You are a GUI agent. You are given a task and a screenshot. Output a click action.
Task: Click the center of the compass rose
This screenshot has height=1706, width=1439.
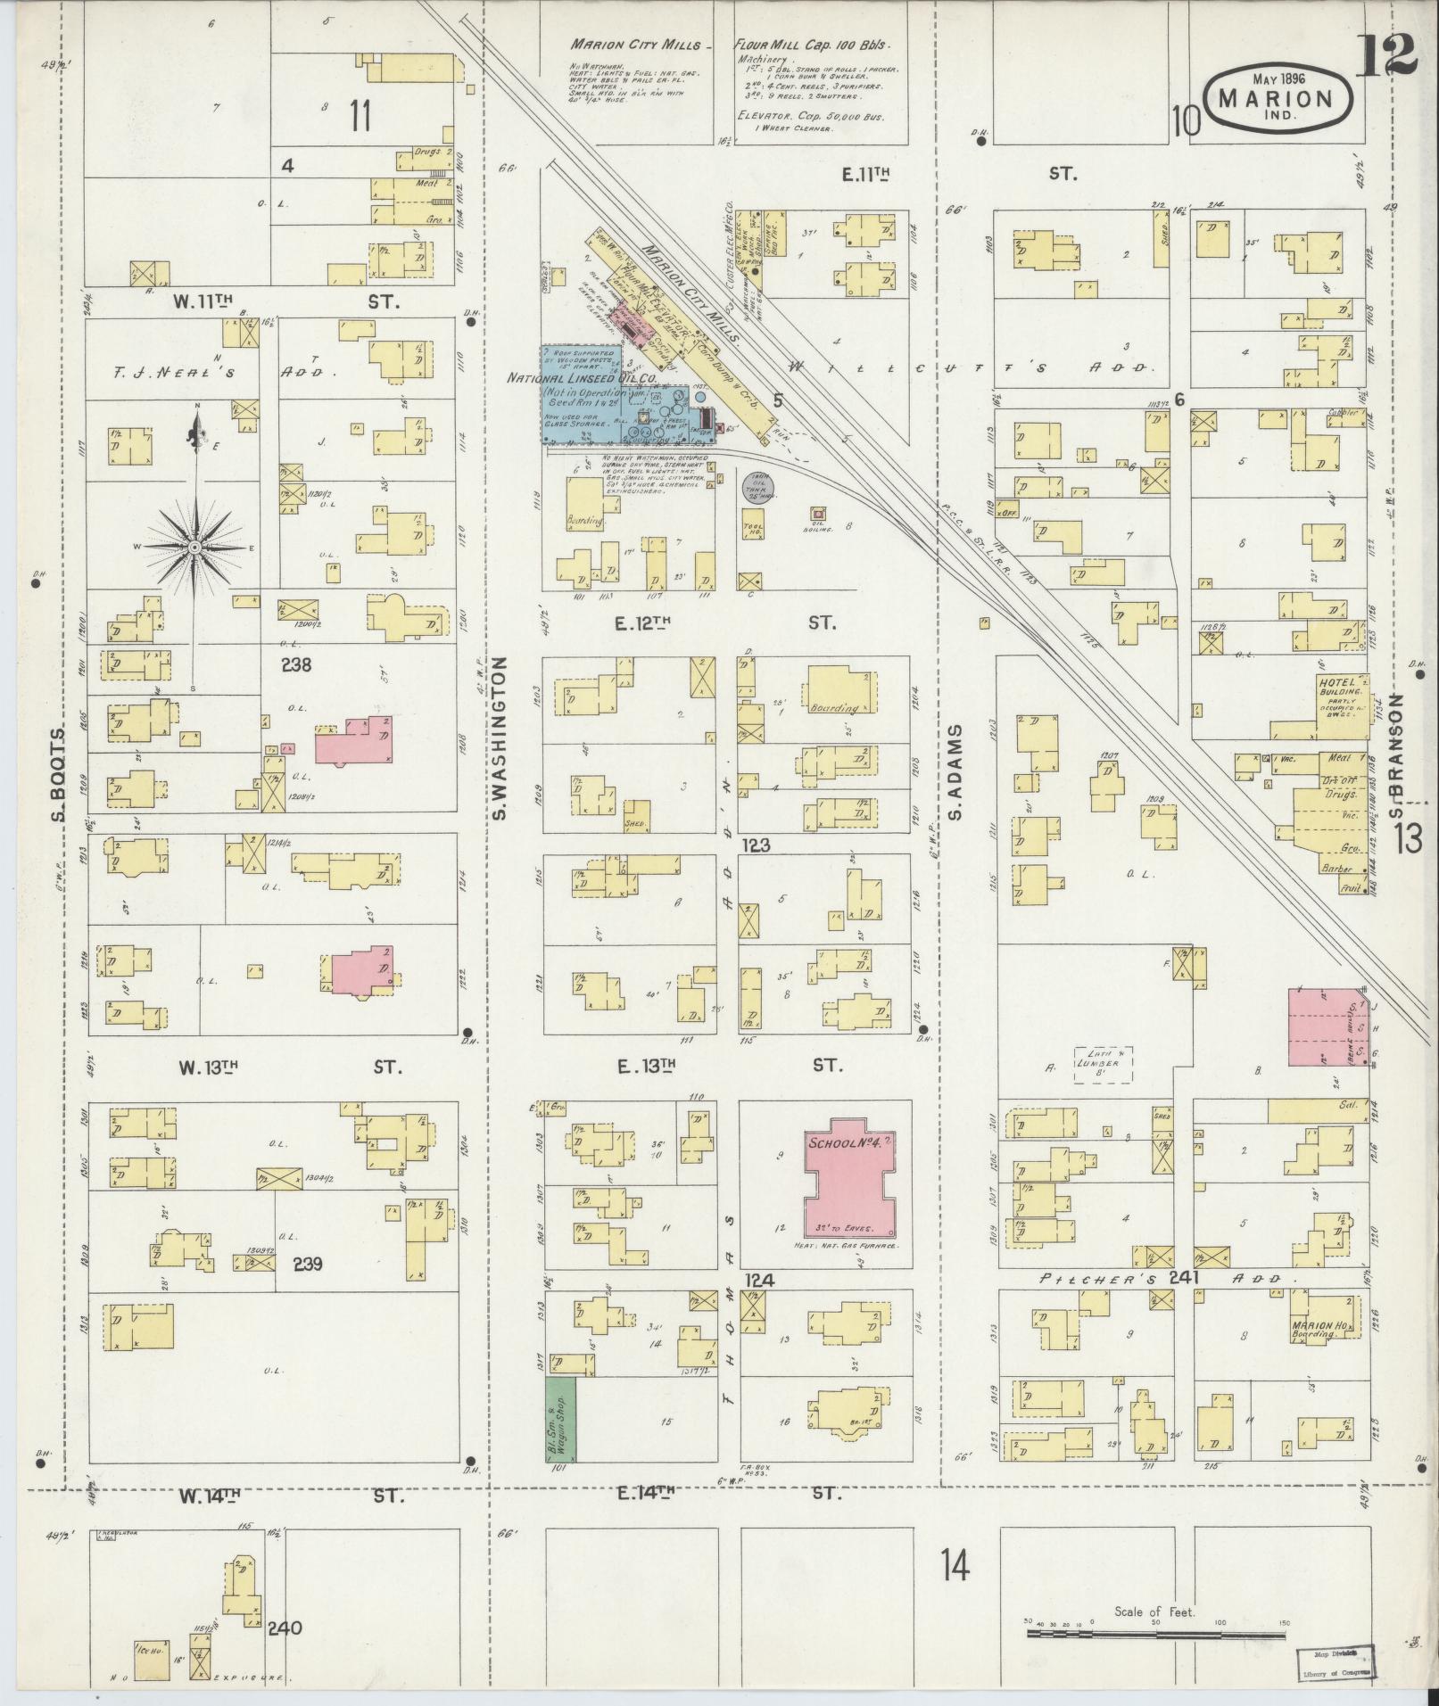(x=194, y=547)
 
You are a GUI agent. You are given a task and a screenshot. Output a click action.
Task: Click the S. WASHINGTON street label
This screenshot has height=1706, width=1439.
(x=500, y=738)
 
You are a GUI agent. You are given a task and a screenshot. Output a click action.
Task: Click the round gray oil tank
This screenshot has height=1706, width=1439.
(x=757, y=485)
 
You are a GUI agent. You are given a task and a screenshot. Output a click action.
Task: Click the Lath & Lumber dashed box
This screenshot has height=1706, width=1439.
(x=1102, y=1064)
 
